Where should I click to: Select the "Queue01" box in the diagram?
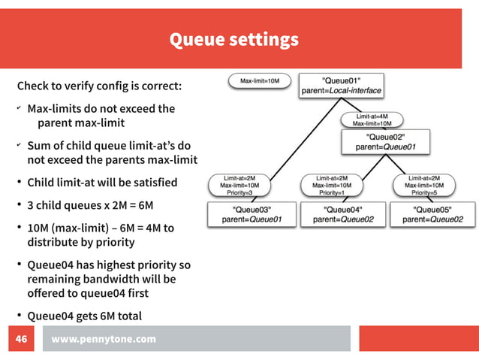click(342, 85)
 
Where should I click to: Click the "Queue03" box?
click(251, 214)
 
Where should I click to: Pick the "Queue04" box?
click(342, 214)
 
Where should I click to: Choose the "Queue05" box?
click(432, 214)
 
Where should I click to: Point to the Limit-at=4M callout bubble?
click(372, 119)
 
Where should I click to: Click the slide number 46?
click(22, 339)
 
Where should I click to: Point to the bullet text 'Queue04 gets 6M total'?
click(84, 315)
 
